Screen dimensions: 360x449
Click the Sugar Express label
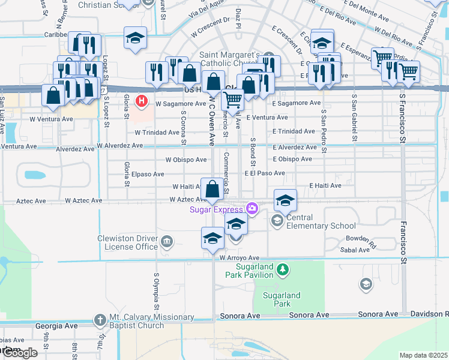(216, 209)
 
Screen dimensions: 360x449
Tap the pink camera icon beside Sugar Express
(252, 209)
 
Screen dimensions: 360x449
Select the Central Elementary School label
(317, 221)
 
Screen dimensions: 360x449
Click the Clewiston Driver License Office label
(127, 242)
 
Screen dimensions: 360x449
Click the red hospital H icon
(142, 100)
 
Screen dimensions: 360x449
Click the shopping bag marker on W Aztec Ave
(212, 190)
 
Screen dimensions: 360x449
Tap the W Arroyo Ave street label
(239, 257)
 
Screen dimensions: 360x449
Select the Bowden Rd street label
(361, 242)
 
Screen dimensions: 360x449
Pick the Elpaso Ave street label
(148, 174)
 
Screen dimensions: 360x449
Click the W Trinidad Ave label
(157, 132)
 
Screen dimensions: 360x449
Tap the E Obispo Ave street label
(292, 159)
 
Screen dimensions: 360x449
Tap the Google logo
(20, 353)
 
